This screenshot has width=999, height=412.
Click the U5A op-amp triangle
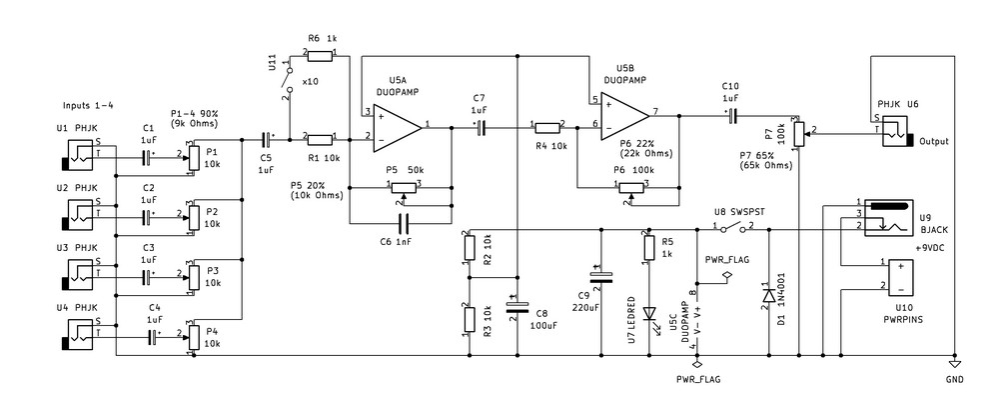395,126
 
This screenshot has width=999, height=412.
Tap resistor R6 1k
321,53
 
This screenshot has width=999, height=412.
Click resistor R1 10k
321,139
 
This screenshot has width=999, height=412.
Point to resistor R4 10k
548,127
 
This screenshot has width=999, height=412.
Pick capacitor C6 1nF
403,221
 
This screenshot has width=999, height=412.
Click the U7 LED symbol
648,313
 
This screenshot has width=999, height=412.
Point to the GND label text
954,380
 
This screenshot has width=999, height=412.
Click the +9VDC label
931,246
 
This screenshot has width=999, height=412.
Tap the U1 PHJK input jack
77,156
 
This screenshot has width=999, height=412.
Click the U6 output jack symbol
897,130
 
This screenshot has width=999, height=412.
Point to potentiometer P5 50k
403,185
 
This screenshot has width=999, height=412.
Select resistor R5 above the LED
648,249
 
